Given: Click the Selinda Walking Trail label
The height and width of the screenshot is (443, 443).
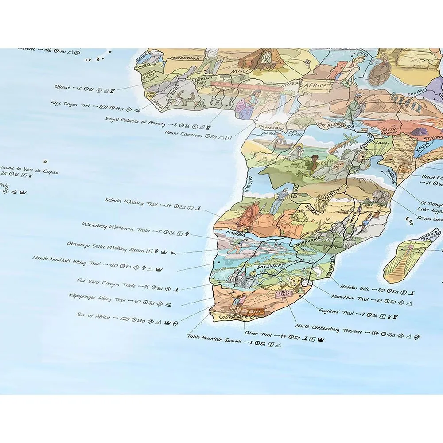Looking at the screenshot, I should pos(124,203).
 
